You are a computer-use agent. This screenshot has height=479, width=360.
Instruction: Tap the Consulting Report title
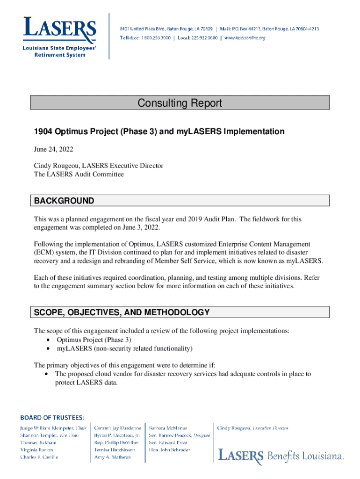click(180, 103)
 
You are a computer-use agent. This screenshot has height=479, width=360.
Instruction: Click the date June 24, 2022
click(53, 150)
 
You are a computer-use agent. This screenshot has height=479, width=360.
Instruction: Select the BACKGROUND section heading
click(64, 201)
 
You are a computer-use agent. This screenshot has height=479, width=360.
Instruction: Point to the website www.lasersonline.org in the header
click(245, 38)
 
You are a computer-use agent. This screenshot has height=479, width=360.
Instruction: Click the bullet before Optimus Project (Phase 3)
click(49, 340)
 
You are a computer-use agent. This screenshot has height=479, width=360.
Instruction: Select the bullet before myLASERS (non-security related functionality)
click(49, 349)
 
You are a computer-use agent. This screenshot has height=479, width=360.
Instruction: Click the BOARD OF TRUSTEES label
click(52, 417)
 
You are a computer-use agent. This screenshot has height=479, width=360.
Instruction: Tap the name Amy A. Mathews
click(113, 457)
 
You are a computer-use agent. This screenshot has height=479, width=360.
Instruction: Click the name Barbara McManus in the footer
click(168, 428)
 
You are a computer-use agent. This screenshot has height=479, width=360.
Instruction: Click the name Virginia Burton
click(36, 450)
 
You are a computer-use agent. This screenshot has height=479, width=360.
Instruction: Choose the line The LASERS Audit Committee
click(79, 174)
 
